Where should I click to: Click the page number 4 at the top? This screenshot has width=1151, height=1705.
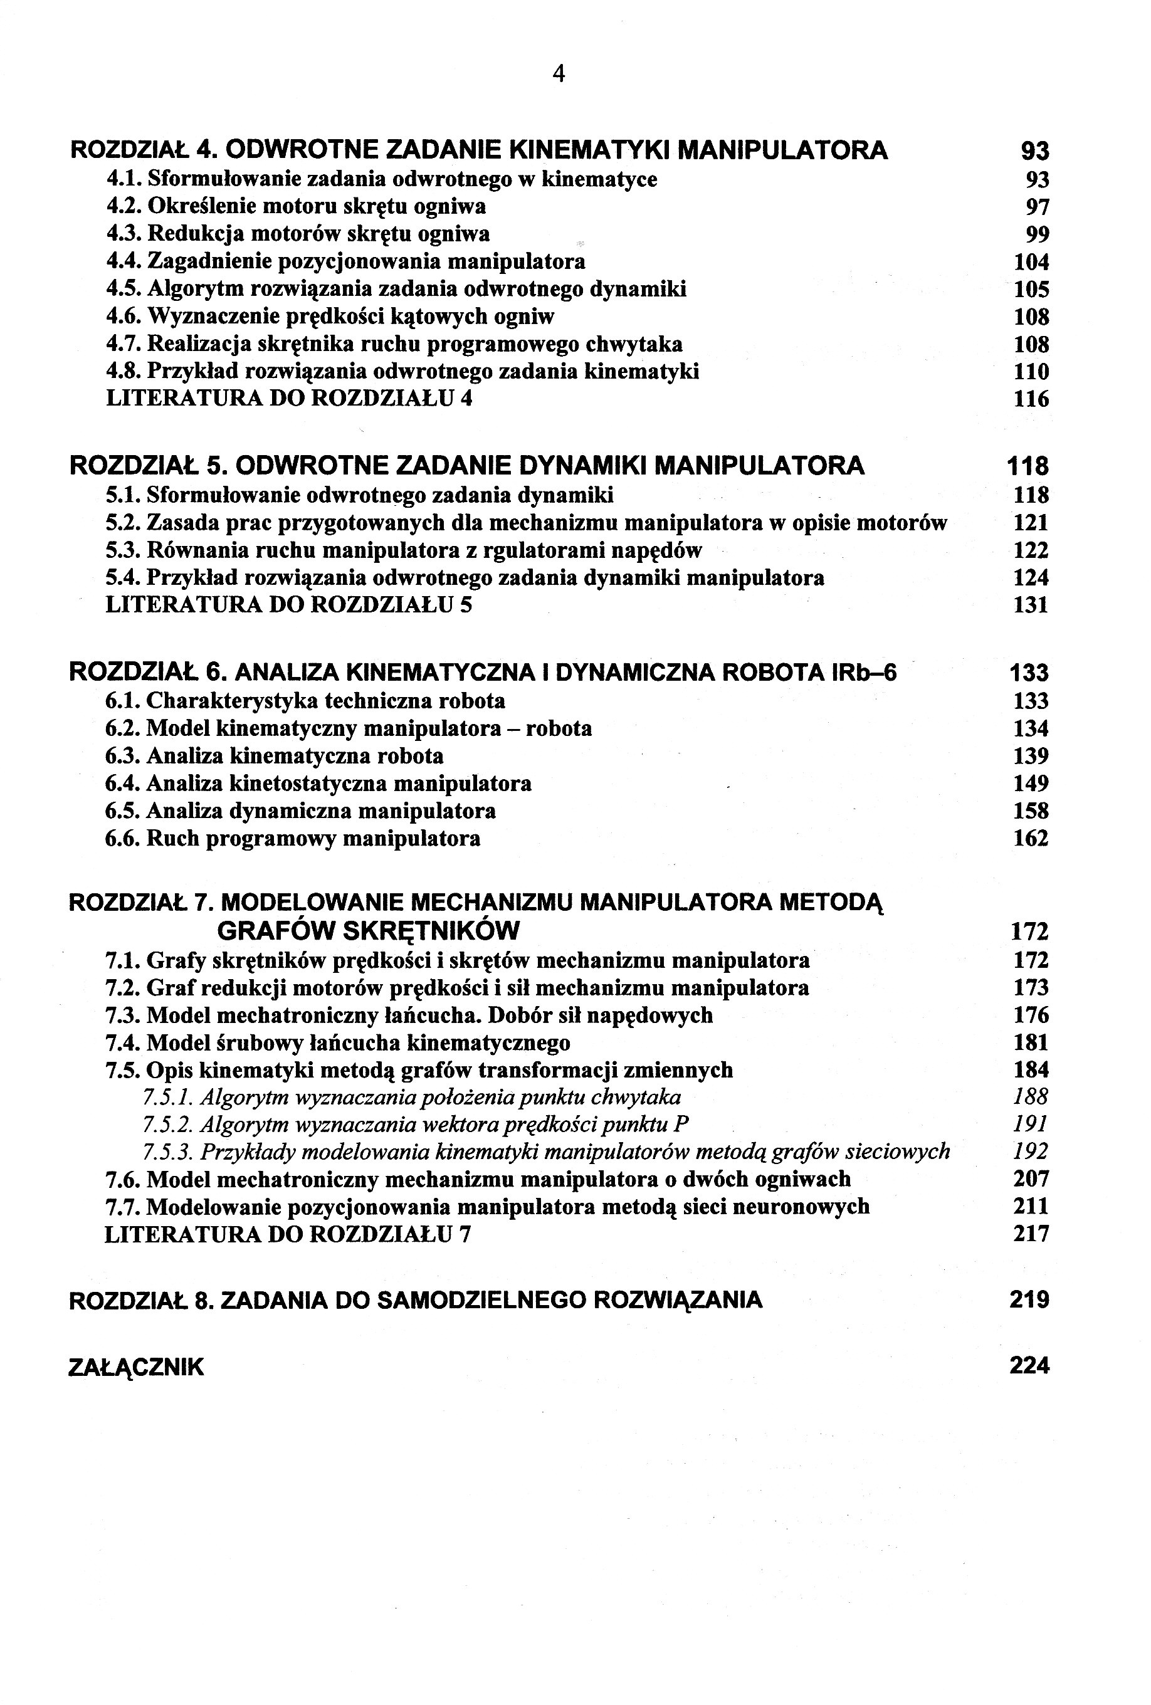point(559,74)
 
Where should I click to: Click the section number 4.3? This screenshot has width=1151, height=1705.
point(124,234)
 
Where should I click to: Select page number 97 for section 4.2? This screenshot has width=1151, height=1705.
point(1038,207)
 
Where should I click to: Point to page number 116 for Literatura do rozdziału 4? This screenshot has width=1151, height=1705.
point(1031,399)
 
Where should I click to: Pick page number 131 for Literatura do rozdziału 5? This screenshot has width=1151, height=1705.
point(1031,606)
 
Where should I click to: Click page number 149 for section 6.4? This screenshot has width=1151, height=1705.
point(1031,784)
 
